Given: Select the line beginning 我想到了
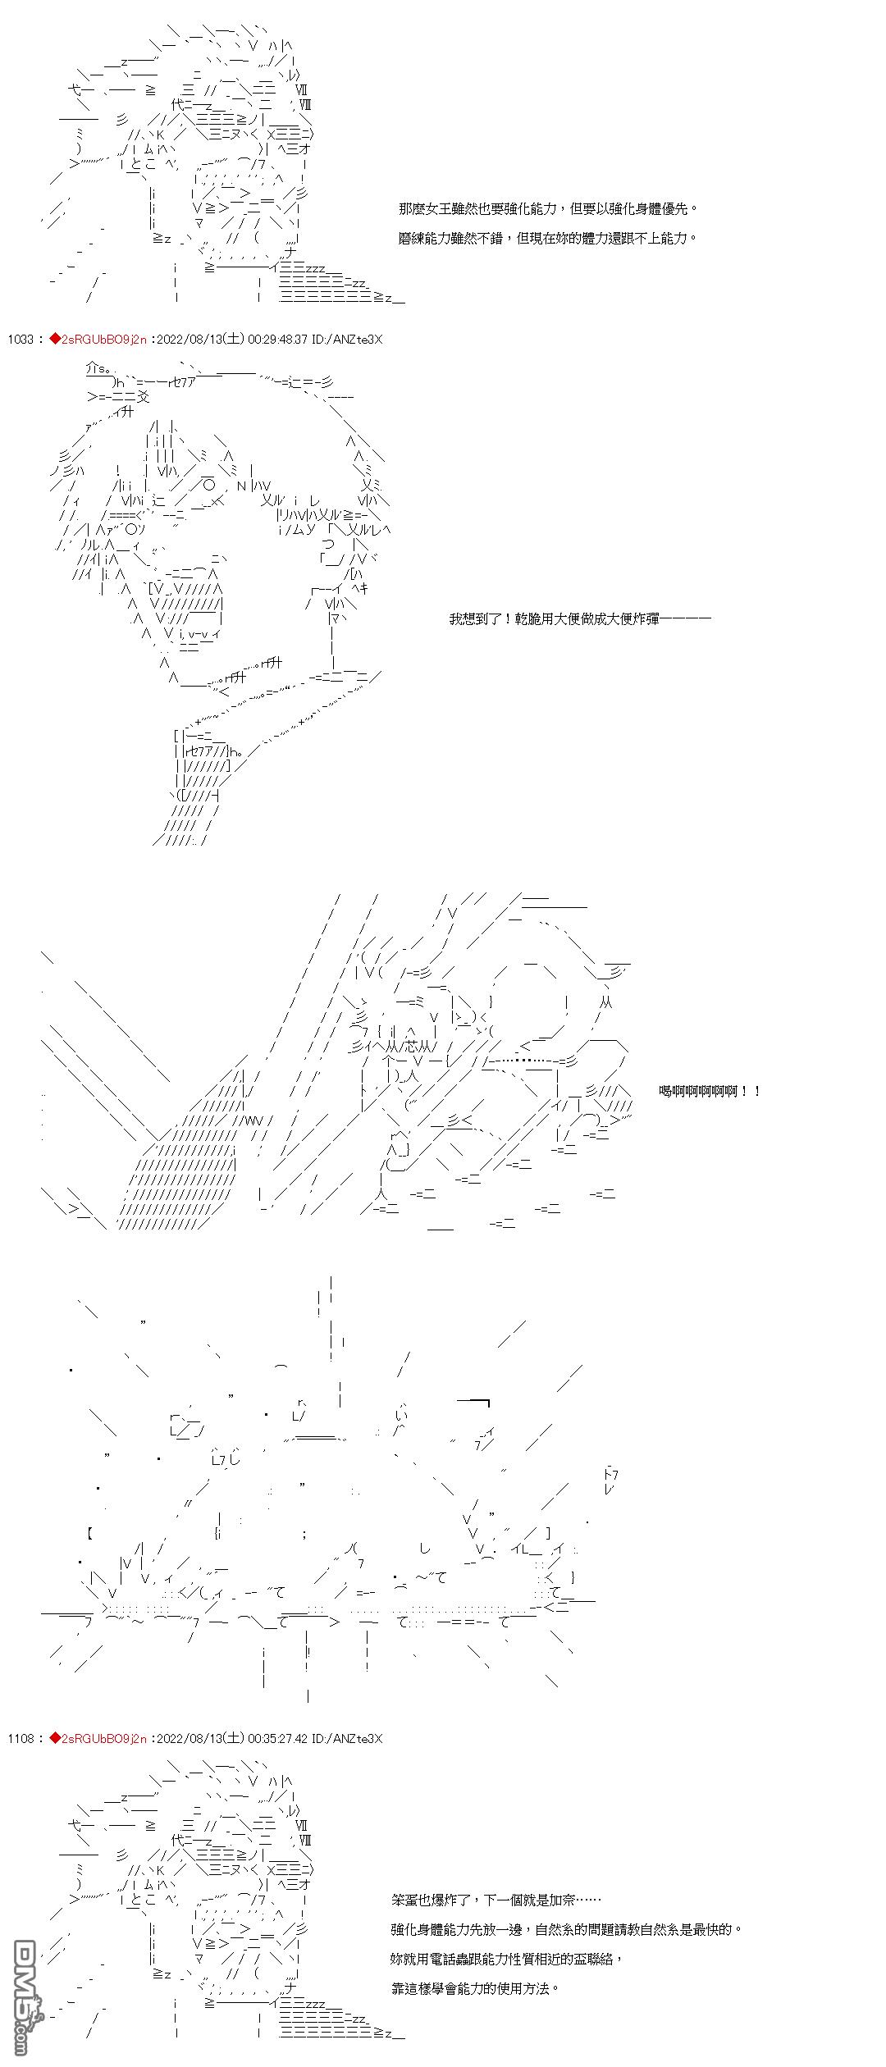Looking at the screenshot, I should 579,618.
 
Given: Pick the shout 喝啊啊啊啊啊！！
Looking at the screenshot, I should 710,1091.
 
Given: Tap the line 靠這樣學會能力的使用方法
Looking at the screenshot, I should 475,1988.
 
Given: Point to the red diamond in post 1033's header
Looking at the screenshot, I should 55,340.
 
